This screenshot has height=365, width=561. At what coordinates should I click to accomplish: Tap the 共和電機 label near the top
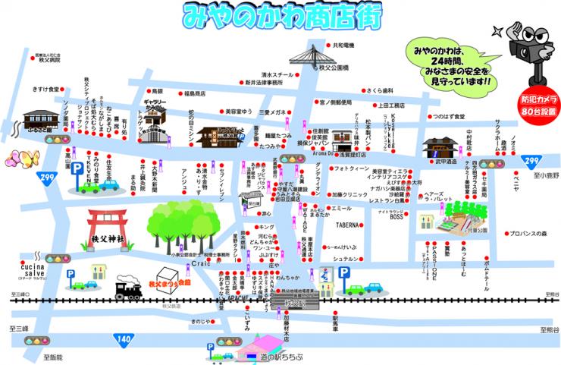click(344, 46)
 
